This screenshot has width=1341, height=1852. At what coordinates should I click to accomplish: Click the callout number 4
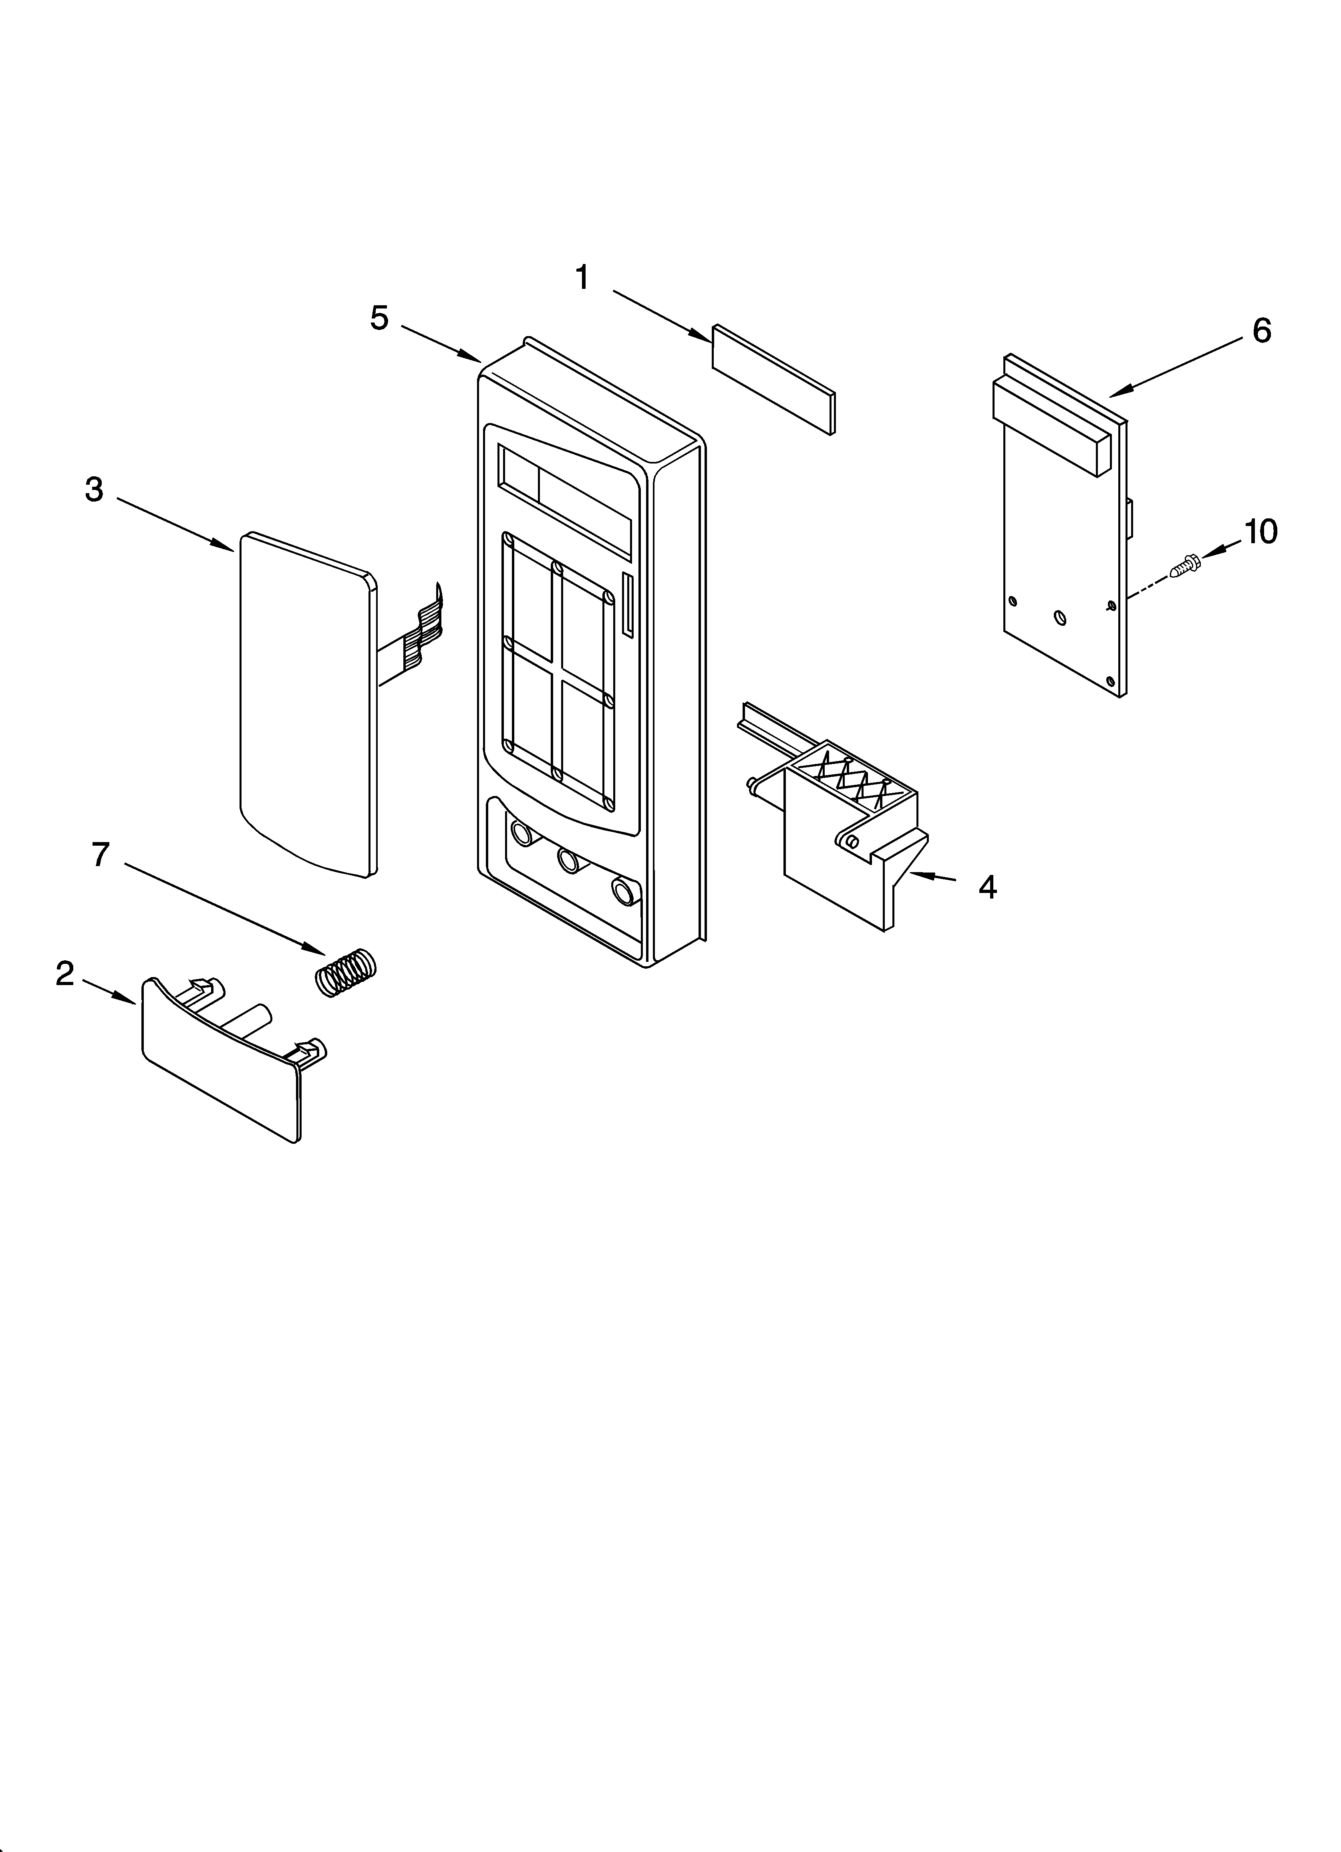tap(987, 887)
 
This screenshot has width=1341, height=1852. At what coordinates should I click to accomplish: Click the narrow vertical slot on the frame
tap(627, 604)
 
